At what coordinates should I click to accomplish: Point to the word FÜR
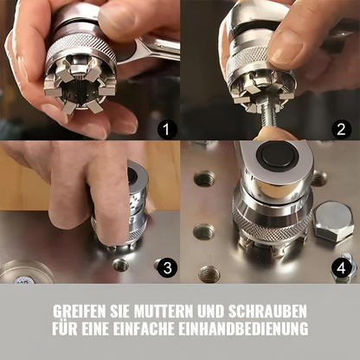[67, 330]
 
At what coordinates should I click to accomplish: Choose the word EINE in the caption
[107, 330]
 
